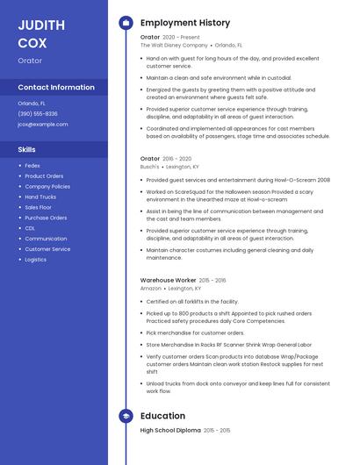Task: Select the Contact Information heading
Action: click(56, 88)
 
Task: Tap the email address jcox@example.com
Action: click(42, 125)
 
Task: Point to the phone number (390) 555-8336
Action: click(38, 114)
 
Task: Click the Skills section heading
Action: click(26, 150)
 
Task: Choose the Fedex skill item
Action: click(32, 165)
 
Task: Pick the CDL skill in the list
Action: click(30, 228)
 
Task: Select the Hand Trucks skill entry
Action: click(40, 197)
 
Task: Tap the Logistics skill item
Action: click(36, 260)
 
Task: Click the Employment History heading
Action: click(184, 23)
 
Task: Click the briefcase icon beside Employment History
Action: click(126, 23)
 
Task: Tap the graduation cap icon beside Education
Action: click(126, 416)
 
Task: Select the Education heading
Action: click(162, 416)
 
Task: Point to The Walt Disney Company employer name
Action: click(174, 45)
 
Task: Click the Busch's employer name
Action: click(149, 166)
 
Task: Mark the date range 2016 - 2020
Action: click(177, 159)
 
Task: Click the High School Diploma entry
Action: click(170, 431)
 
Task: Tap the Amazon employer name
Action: click(151, 288)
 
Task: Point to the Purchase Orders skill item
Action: click(46, 218)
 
